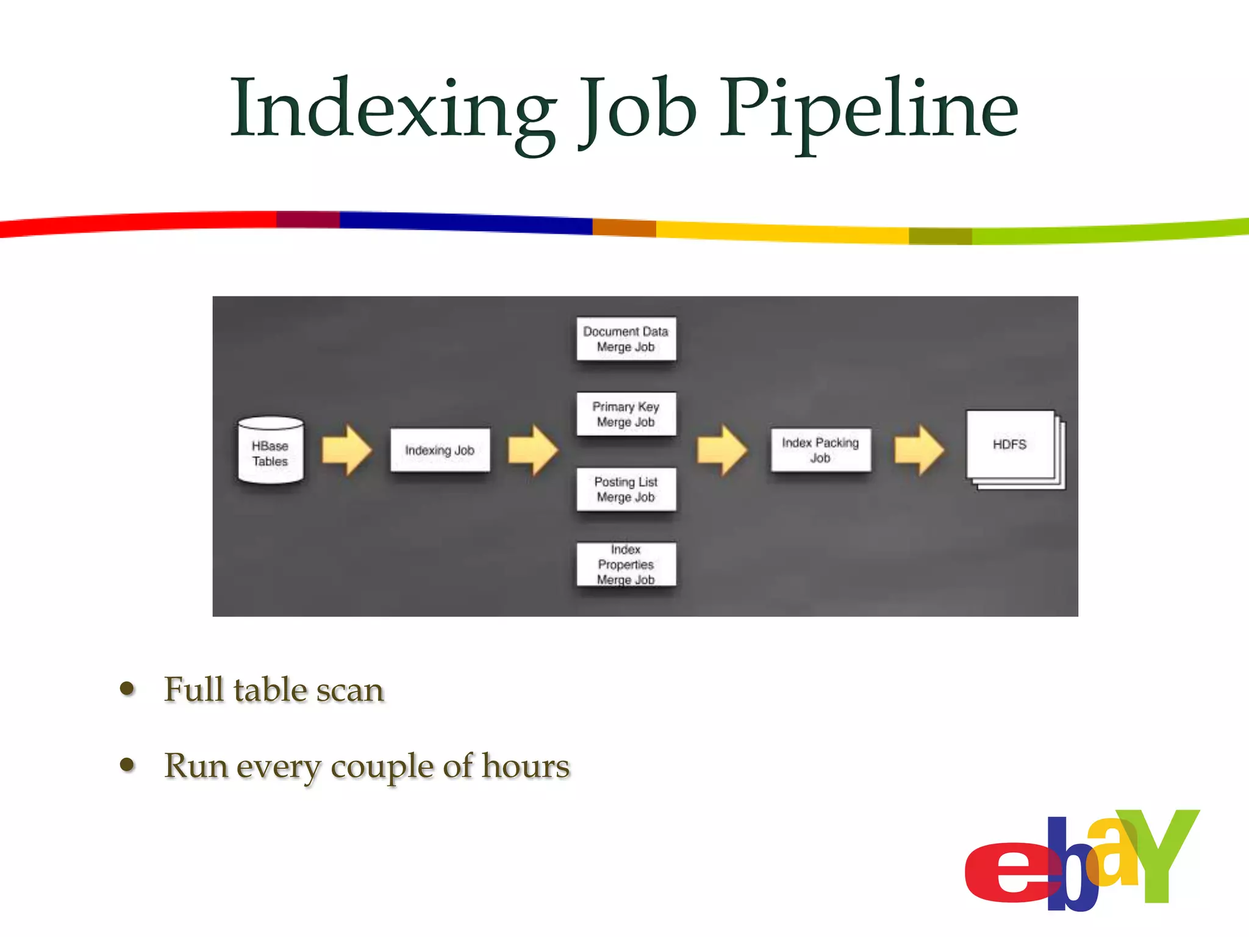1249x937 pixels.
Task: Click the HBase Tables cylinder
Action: pos(270,451)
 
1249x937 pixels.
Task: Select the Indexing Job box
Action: pos(440,450)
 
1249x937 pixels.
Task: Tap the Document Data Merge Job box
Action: pos(626,339)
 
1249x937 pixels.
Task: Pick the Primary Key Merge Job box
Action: pos(626,414)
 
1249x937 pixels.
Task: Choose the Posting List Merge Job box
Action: pos(626,489)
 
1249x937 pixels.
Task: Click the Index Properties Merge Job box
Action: pos(626,564)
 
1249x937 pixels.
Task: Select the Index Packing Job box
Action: pos(820,450)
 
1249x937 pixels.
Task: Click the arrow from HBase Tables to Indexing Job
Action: pos(346,450)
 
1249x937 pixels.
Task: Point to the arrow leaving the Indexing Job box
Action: pos(532,450)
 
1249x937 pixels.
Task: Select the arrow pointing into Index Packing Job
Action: pos(722,450)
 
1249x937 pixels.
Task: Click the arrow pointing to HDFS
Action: pos(919,450)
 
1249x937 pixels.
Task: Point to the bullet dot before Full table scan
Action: pos(127,689)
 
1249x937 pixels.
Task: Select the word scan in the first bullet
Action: pos(354,691)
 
